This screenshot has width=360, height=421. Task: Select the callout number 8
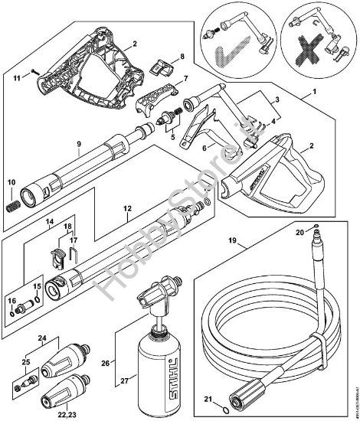[182, 56]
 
